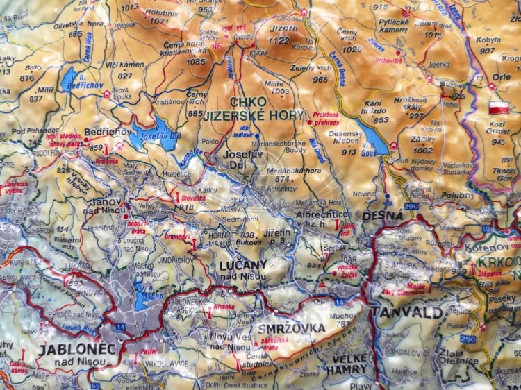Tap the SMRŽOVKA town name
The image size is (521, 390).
(281, 328)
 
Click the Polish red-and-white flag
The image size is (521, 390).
(499, 108)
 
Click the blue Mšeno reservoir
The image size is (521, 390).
(147, 298)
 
